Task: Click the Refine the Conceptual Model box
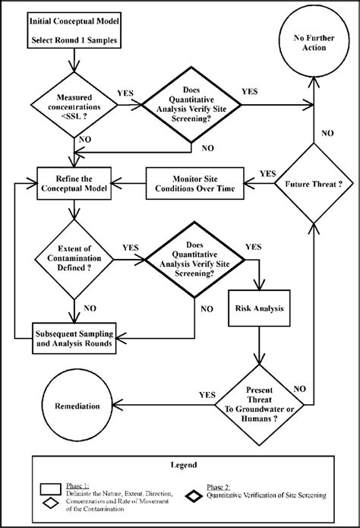74,185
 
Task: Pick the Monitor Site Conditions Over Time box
191,185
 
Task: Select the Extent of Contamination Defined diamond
74,261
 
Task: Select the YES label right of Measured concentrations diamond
125,95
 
